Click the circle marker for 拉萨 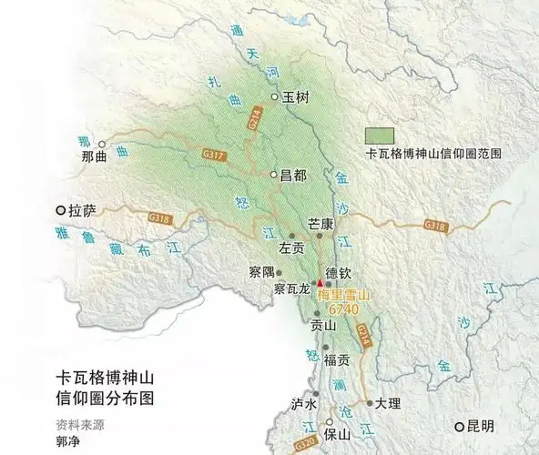click(x=61, y=210)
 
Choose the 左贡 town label click(x=291, y=247)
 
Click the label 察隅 click(x=260, y=271)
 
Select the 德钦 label click(x=338, y=272)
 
